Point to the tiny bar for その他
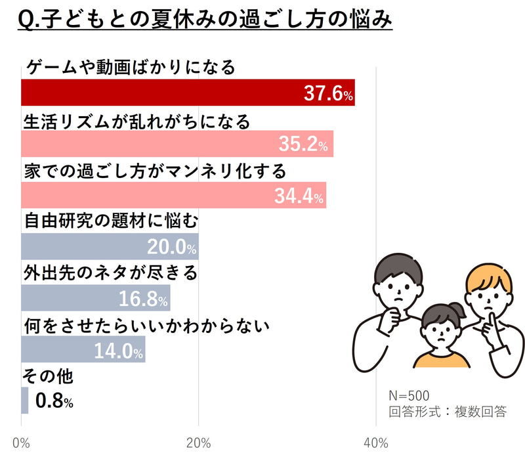(25, 401)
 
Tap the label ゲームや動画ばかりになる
(130, 68)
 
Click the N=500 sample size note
(409, 395)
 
